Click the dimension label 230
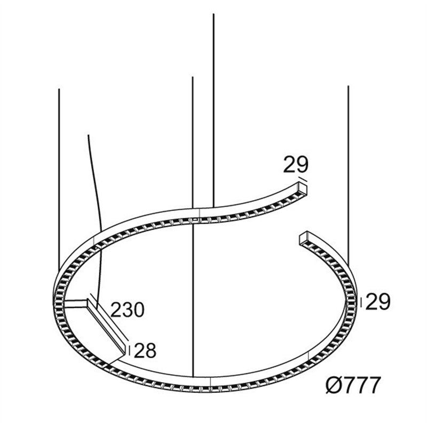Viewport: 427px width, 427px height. [x=128, y=310]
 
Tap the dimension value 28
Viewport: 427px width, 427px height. [x=145, y=351]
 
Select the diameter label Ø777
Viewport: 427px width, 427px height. [x=353, y=385]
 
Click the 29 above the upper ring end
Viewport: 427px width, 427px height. [x=296, y=164]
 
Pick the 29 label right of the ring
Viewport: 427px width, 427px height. [x=378, y=302]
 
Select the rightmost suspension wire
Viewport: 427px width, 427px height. [x=349, y=175]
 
